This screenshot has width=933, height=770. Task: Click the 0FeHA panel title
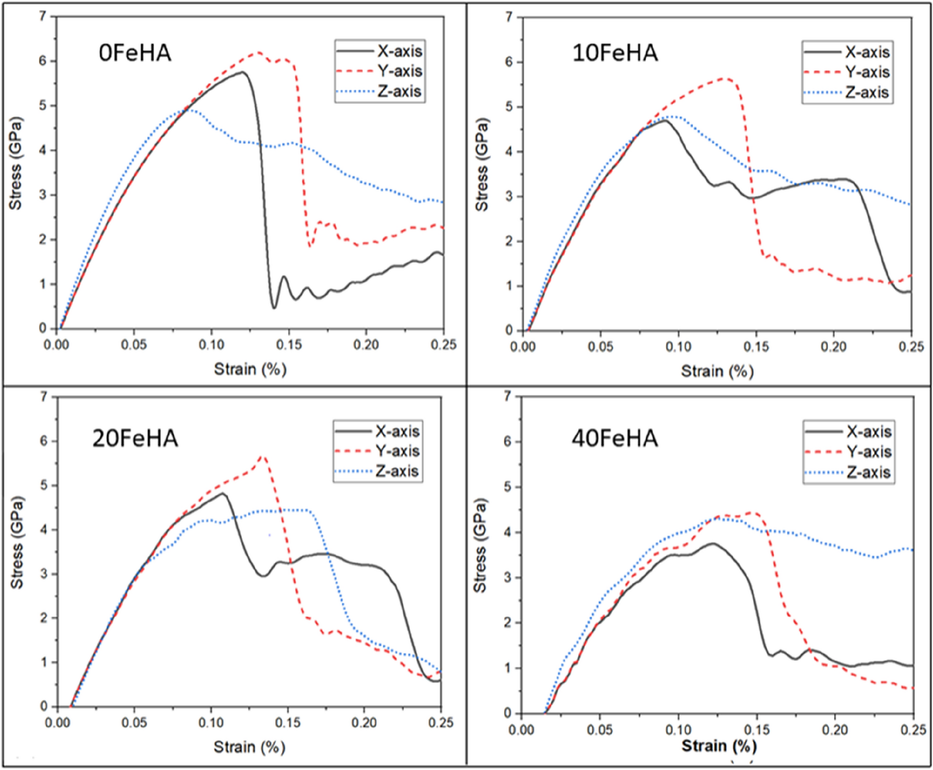click(x=135, y=53)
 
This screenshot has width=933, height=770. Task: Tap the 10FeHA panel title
click(x=615, y=53)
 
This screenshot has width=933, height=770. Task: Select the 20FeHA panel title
click(x=135, y=438)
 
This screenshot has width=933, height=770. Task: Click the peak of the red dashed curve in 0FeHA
click(x=258, y=52)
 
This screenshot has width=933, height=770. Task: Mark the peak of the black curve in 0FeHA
click(x=242, y=72)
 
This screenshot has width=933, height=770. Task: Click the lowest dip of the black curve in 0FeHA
click(x=274, y=308)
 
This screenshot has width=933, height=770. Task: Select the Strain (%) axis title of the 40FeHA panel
click(x=719, y=746)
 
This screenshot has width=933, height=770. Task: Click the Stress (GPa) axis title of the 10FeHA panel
click(x=481, y=164)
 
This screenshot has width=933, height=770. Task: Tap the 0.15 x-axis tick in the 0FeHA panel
click(x=289, y=345)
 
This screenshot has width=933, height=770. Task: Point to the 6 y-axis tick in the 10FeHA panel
click(x=509, y=62)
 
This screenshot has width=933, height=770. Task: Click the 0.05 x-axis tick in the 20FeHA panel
click(x=134, y=722)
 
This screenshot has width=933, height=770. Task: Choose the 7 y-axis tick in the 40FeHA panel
click(x=508, y=396)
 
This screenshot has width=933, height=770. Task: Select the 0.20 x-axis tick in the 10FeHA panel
click(x=833, y=346)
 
